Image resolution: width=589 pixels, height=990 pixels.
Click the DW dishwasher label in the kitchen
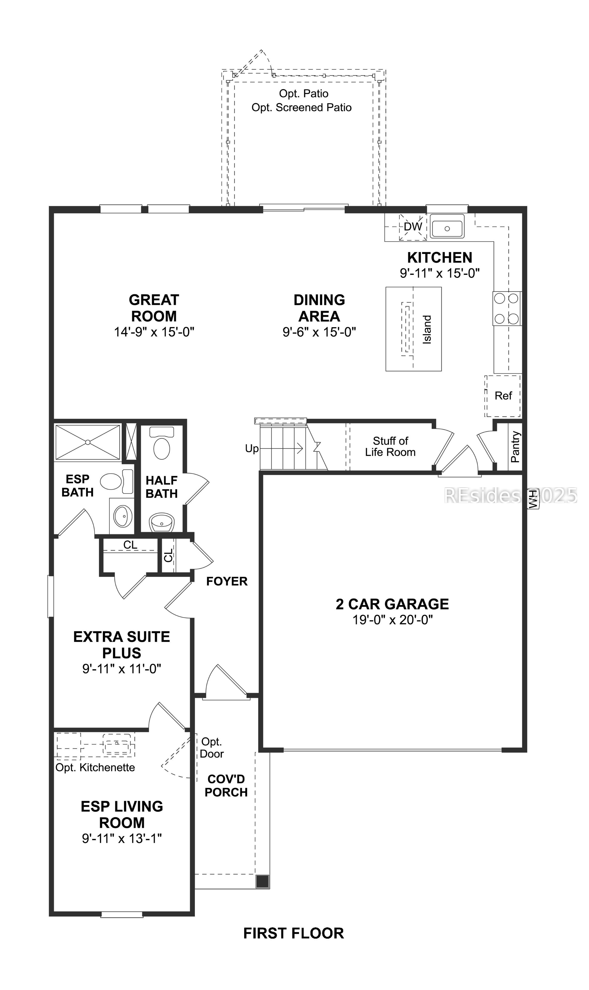tap(413, 227)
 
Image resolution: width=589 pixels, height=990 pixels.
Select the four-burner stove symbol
tap(507, 308)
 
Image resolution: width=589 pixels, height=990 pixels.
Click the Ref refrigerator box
tap(503, 396)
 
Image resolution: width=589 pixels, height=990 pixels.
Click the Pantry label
tap(515, 447)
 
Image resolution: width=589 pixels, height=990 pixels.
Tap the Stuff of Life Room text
tap(390, 447)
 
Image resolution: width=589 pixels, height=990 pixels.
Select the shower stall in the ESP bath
tap(88, 442)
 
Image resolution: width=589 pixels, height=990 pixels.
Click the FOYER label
tap(227, 581)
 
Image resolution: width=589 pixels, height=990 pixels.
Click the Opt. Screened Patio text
tap(302, 108)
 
